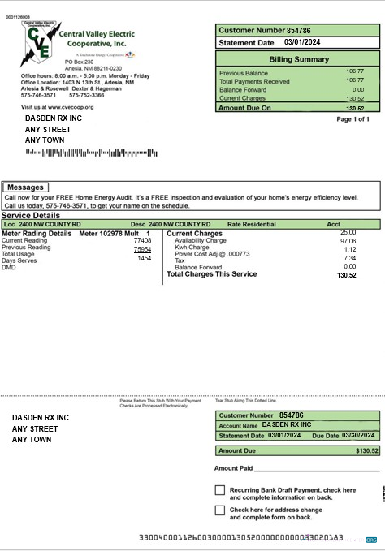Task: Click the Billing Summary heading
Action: [x=298, y=59]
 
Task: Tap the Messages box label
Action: [x=24, y=187]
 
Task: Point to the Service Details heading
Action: [x=30, y=215]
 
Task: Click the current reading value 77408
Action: [x=142, y=241]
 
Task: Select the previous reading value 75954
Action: [x=142, y=249]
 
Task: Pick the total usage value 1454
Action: [x=144, y=258]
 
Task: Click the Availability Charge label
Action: [x=200, y=241]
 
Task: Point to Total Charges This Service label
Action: [x=211, y=274]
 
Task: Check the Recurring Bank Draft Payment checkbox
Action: [x=219, y=490]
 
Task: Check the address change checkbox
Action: [x=219, y=510]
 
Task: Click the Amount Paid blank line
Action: [x=317, y=468]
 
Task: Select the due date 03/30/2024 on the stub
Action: [x=359, y=436]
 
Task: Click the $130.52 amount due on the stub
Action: [x=366, y=450]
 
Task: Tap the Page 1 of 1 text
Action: [x=353, y=119]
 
